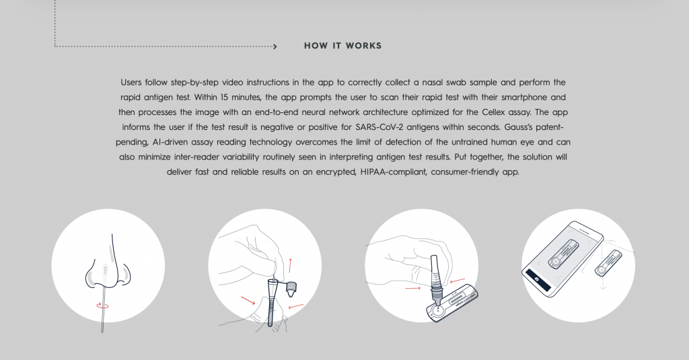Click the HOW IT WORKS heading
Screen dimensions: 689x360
[342, 46]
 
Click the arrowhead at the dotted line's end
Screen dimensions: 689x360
[275, 46]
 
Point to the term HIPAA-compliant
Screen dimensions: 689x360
[394, 172]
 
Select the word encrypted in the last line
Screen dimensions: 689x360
[334, 172]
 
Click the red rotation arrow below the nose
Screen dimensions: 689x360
[102, 305]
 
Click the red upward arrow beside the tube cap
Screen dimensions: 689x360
[290, 266]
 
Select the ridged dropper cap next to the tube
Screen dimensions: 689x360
[290, 288]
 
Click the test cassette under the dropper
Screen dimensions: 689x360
[452, 303]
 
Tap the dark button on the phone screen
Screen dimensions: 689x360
[538, 281]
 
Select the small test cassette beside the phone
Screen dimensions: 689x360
[608, 263]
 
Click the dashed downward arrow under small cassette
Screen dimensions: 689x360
[603, 283]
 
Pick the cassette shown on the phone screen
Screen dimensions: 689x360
[563, 254]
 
